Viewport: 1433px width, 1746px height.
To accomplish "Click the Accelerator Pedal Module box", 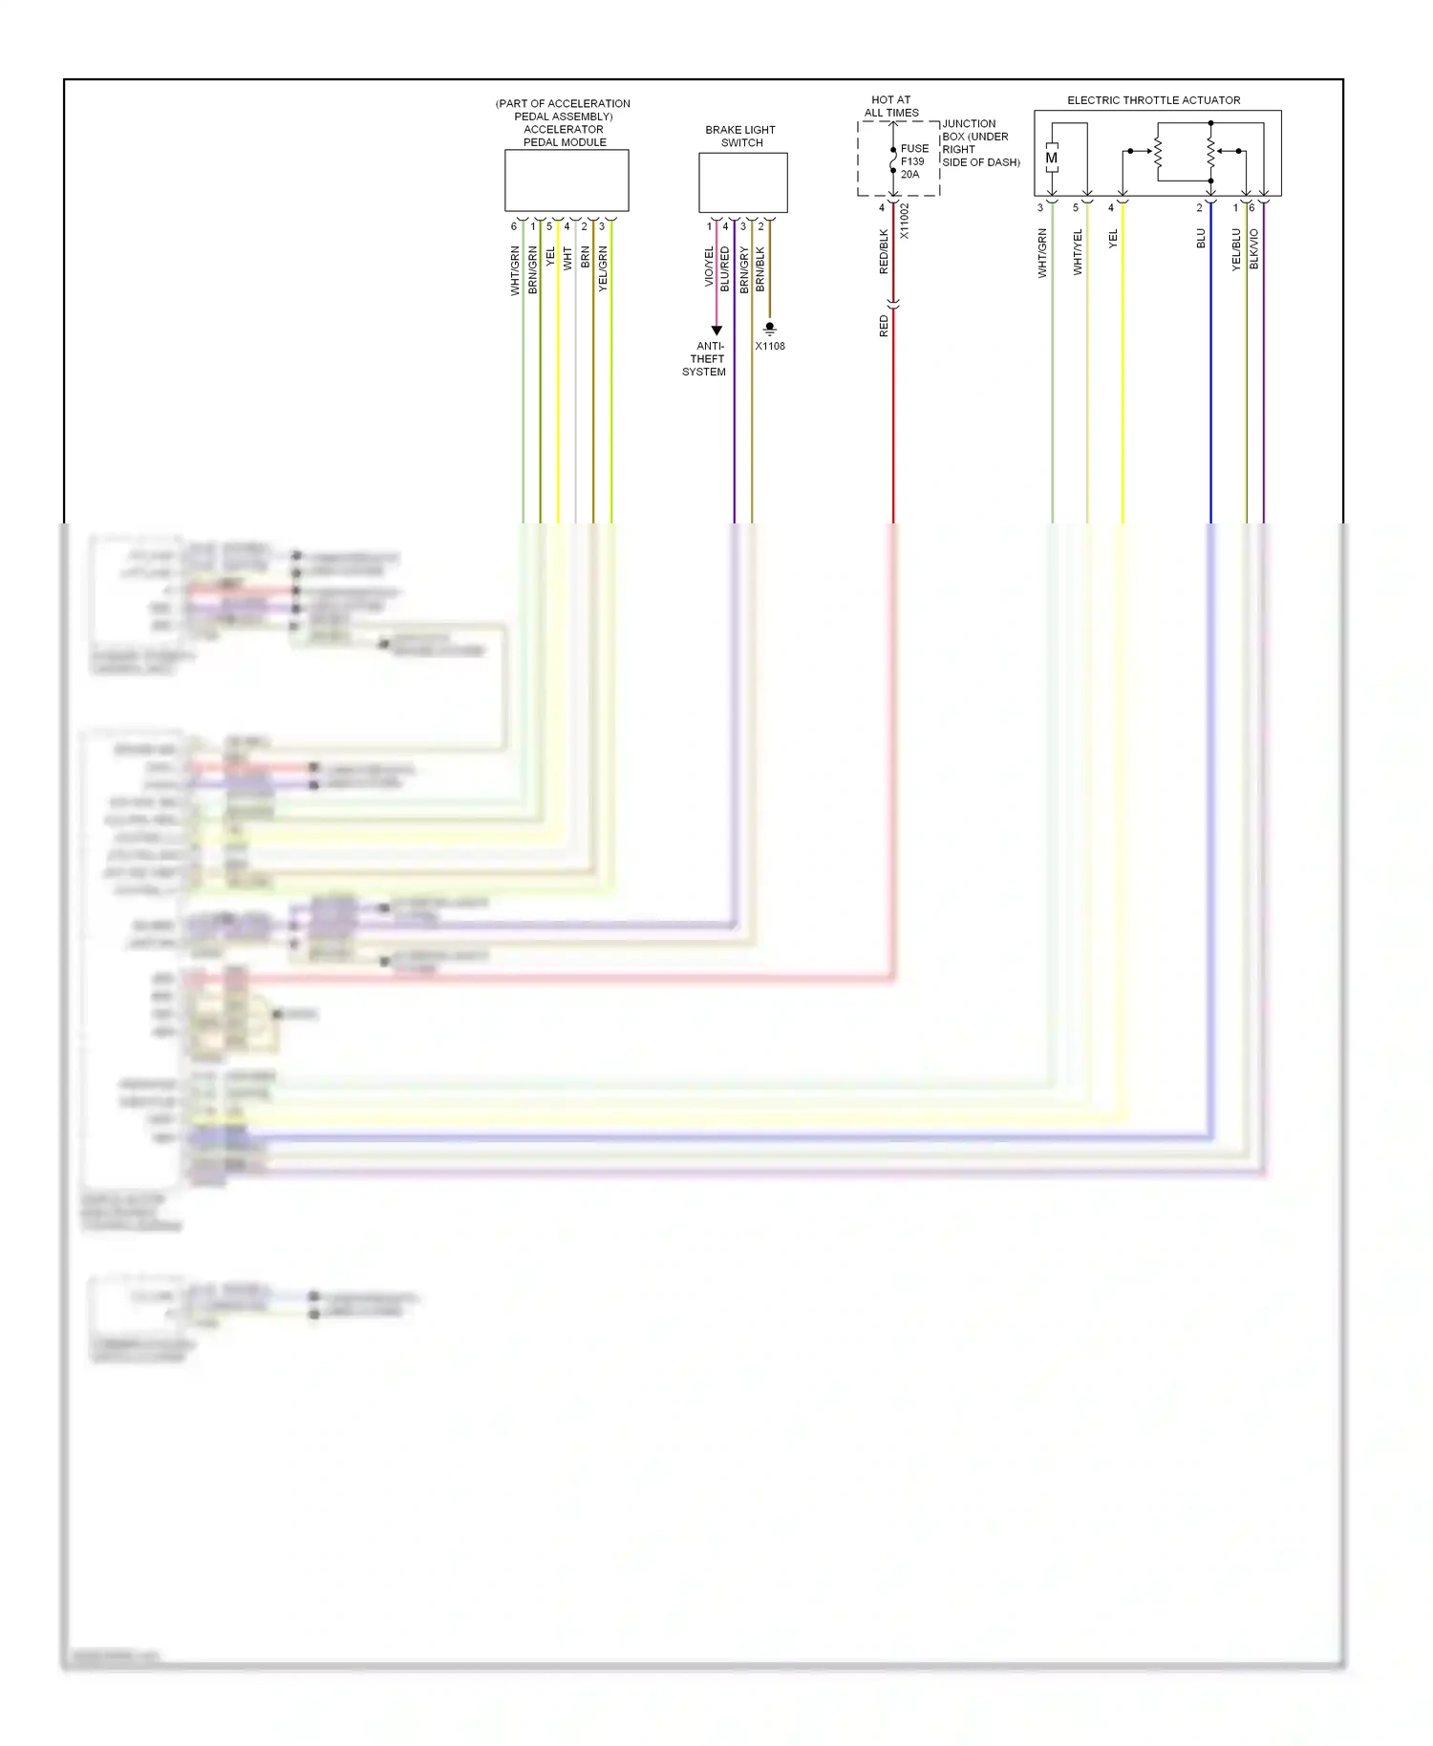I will pos(567,180).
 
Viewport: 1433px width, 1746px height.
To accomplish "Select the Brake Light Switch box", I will pos(742,182).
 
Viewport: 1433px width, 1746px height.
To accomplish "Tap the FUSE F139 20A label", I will pos(913,161).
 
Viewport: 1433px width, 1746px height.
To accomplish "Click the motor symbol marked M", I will pos(1051,159).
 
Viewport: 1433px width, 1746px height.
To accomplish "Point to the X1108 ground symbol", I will pos(770,330).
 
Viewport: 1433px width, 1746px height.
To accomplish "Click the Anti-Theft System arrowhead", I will pos(716,330).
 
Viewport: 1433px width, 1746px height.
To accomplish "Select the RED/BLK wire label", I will pos(884,251).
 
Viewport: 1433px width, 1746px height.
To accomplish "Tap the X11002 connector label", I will pos(904,221).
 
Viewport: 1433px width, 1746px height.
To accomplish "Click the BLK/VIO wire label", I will pos(1254,248).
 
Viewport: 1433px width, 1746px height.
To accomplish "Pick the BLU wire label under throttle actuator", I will pos(1201,239).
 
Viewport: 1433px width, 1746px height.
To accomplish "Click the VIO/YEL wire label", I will pos(709,266).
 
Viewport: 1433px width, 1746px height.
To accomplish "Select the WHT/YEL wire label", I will pos(1078,252).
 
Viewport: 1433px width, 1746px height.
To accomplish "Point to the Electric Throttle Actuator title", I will pos(1153,100).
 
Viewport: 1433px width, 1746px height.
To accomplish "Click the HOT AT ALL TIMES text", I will pos(891,106).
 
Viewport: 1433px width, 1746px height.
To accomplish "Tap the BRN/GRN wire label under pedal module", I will pos(532,269).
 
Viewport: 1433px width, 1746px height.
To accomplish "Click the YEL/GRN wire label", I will pos(603,269).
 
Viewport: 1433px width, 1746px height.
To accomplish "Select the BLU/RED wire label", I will pos(725,269).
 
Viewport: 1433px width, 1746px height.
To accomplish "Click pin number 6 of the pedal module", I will pos(513,226).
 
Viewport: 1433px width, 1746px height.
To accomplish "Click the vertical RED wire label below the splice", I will pos(884,327).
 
